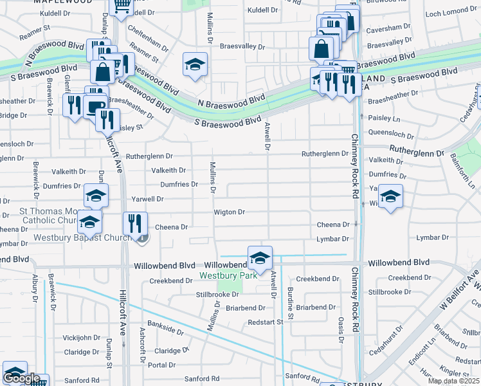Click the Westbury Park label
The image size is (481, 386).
point(228,275)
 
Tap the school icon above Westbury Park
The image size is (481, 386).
point(260,259)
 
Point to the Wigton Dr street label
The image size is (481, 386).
point(230,212)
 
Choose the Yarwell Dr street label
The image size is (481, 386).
point(147,199)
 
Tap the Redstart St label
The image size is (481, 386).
point(265,322)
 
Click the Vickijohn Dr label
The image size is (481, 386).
point(81,338)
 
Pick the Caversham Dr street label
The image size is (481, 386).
point(387,30)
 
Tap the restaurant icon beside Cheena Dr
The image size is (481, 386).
point(135,224)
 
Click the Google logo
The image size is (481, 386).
point(21,379)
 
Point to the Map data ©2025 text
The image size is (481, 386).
point(453,381)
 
